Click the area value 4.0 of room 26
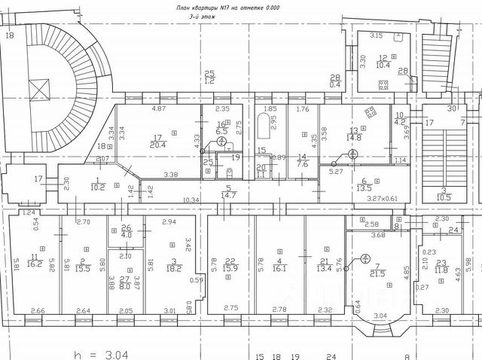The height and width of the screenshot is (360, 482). (x=126, y=235)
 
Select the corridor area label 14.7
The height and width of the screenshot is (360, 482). (x=227, y=195)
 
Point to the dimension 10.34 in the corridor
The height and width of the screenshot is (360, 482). (x=191, y=200)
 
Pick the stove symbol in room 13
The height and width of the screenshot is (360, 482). (x=371, y=113)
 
